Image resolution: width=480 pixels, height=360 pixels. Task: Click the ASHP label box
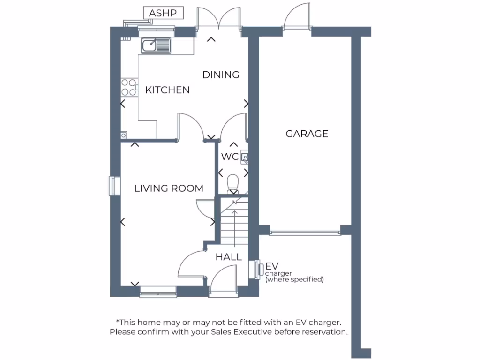(x=163, y=13)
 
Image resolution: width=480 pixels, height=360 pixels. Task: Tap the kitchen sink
(x=156, y=45)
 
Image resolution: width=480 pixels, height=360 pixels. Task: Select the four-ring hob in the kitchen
(x=129, y=87)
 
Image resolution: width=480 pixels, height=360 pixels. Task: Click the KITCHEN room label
(x=167, y=90)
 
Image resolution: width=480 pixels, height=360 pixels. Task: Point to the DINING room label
(x=221, y=75)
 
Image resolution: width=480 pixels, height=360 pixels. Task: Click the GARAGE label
(x=307, y=134)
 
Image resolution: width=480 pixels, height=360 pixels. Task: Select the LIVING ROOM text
(x=169, y=188)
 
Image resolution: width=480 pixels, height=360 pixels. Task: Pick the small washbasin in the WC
(x=244, y=158)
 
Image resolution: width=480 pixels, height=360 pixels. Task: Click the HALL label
(x=229, y=257)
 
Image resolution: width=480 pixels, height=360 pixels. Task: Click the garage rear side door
(x=297, y=19)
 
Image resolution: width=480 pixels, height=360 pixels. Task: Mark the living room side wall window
(x=112, y=185)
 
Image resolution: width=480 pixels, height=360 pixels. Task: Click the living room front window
(x=158, y=294)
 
